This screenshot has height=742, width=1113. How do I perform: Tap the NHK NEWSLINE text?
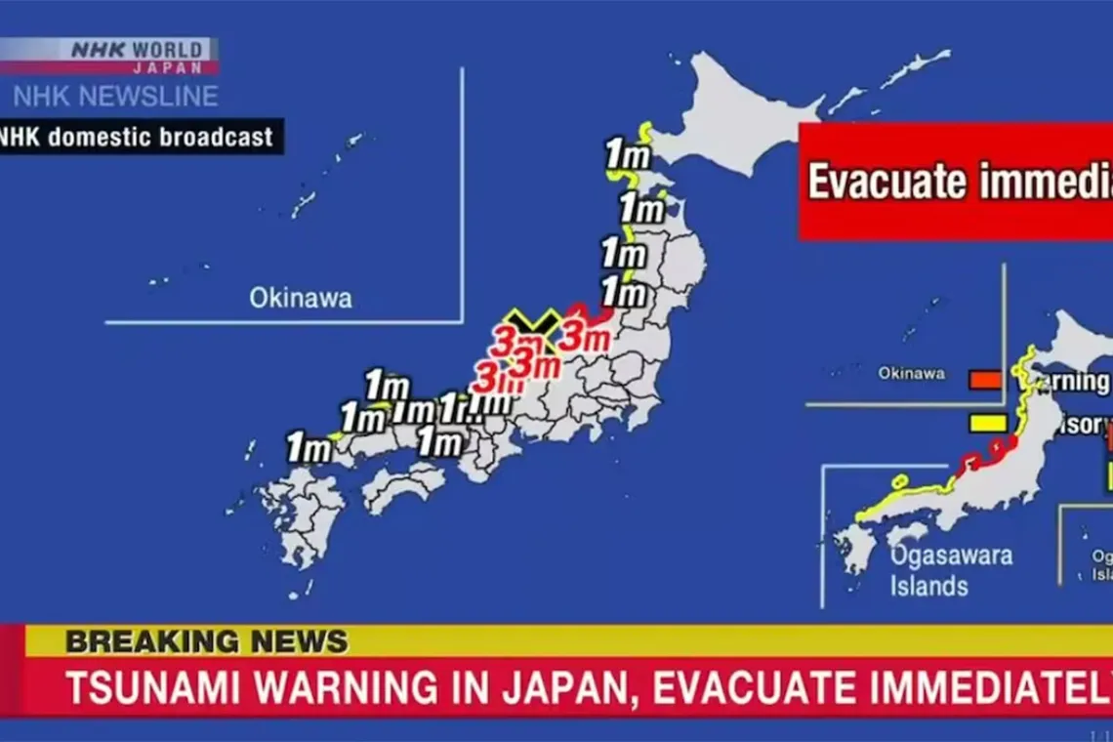click(115, 97)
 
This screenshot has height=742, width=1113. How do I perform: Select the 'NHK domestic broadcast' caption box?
click(137, 137)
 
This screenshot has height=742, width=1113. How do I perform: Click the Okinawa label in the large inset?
click(300, 298)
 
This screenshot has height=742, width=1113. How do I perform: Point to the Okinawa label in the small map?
click(910, 373)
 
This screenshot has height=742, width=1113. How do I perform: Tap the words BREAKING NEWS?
click(206, 641)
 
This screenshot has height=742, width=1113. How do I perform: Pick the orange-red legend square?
click(984, 379)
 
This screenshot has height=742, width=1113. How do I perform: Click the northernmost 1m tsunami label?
click(627, 154)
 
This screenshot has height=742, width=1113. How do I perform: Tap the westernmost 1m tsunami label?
click(308, 448)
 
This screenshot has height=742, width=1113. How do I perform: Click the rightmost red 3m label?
click(584, 338)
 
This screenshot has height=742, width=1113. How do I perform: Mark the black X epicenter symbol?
click(533, 324)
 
